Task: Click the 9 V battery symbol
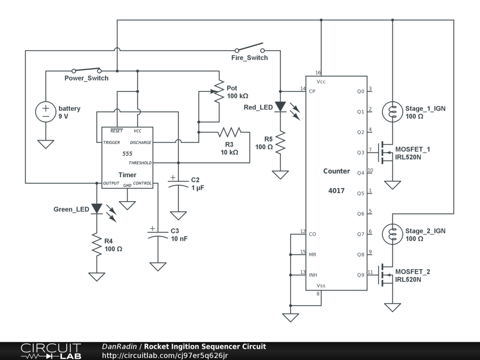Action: pyautogui.click(x=45, y=112)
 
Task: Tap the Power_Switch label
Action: pyautogui.click(x=86, y=78)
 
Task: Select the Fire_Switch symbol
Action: pyautogui.click(x=249, y=49)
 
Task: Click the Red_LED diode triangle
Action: pyautogui.click(x=280, y=107)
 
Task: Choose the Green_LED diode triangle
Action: pyautogui.click(x=97, y=208)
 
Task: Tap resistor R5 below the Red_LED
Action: pyautogui.click(x=280, y=142)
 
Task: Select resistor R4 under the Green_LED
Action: pyautogui.click(x=97, y=245)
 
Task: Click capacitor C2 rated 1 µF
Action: pyautogui.click(x=178, y=183)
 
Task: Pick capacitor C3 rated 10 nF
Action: pyautogui.click(x=158, y=234)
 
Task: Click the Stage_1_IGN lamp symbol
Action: pyautogui.click(x=392, y=112)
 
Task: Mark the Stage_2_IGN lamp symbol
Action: pyautogui.click(x=392, y=234)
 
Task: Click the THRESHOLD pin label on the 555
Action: pyautogui.click(x=140, y=163)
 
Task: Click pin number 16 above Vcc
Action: pyautogui.click(x=318, y=73)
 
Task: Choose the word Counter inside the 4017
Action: pyautogui.click(x=336, y=171)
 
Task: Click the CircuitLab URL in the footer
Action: pyautogui.click(x=165, y=355)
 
